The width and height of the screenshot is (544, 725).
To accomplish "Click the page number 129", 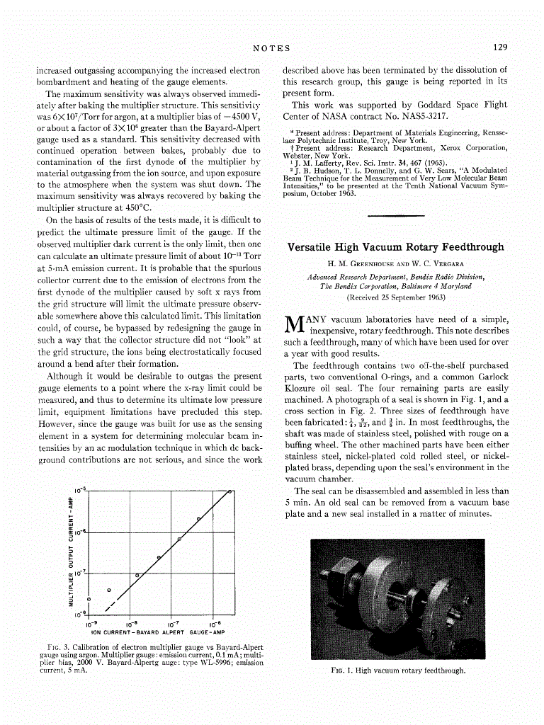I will pos(500,47).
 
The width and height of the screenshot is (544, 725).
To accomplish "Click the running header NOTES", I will pos(272,47).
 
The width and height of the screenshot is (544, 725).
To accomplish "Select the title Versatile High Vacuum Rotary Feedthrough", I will pos(396,247).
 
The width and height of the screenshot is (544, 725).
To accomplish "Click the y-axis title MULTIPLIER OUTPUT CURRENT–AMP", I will pos(70,551).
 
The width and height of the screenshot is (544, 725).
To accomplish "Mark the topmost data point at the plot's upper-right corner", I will pos(230,491).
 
